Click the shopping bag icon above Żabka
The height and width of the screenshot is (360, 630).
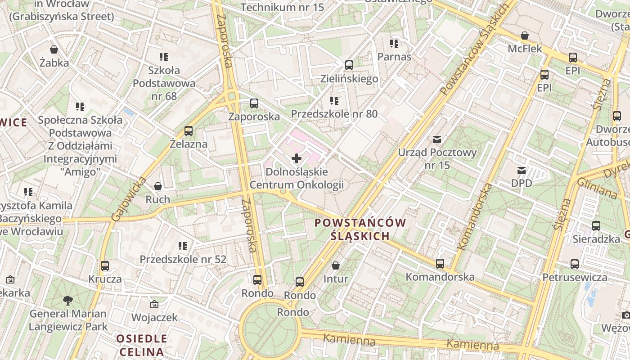[x=54, y=49]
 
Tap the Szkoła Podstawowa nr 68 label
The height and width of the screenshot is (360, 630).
[x=164, y=83]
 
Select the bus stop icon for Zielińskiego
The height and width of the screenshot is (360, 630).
[x=349, y=65]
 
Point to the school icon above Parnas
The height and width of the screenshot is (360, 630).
[x=394, y=44]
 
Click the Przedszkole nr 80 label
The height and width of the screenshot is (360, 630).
[x=334, y=114]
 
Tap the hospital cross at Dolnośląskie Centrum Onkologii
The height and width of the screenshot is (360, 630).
[x=297, y=158]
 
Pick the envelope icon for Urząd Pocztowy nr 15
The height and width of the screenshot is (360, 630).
[x=437, y=139]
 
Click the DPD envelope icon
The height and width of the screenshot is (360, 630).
[x=522, y=171]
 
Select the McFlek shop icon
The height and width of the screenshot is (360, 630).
[x=525, y=36]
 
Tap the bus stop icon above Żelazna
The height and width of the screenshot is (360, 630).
[x=189, y=131]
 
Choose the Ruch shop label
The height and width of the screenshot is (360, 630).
[x=158, y=199]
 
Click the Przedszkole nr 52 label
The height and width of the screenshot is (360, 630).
[x=183, y=260]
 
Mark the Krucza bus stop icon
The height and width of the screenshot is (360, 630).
[x=105, y=266]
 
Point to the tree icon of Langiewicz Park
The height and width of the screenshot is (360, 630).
[x=68, y=300]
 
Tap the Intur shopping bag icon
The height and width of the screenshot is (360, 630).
[x=335, y=266]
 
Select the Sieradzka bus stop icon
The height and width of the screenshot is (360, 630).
[x=596, y=226]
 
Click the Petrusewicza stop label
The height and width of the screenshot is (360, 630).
[x=575, y=277]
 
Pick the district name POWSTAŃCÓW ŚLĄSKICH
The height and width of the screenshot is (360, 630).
[x=360, y=229]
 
